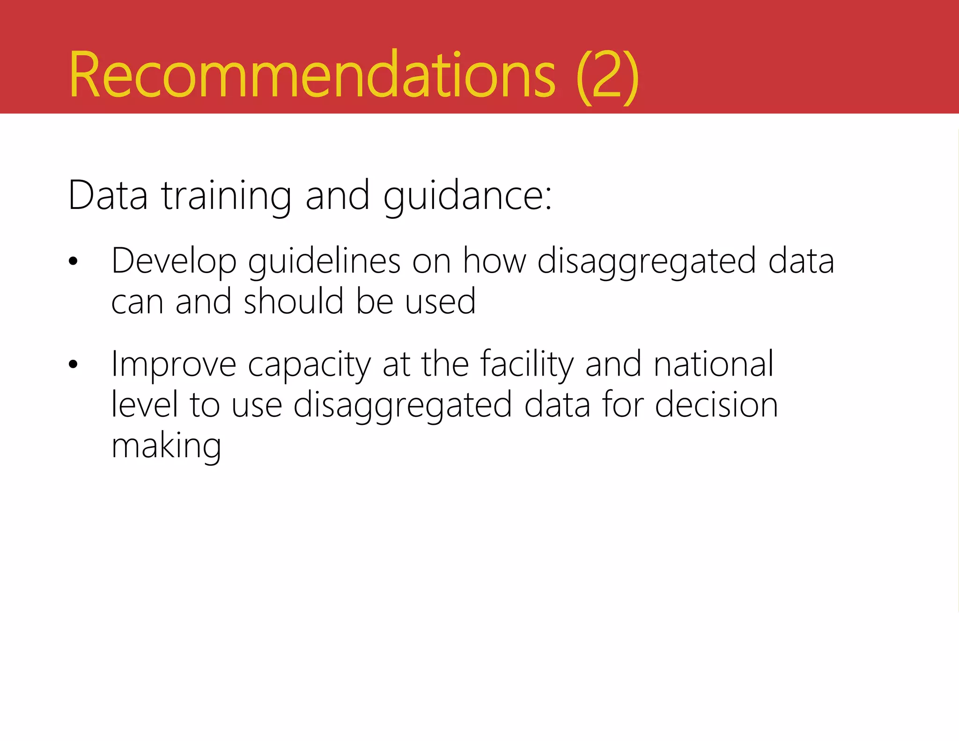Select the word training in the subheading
click(x=227, y=196)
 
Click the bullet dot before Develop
click(x=73, y=261)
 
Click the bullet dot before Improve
click(x=73, y=364)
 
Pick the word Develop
click(x=174, y=261)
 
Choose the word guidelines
click(x=324, y=261)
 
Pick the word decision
click(x=716, y=405)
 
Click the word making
click(x=166, y=446)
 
